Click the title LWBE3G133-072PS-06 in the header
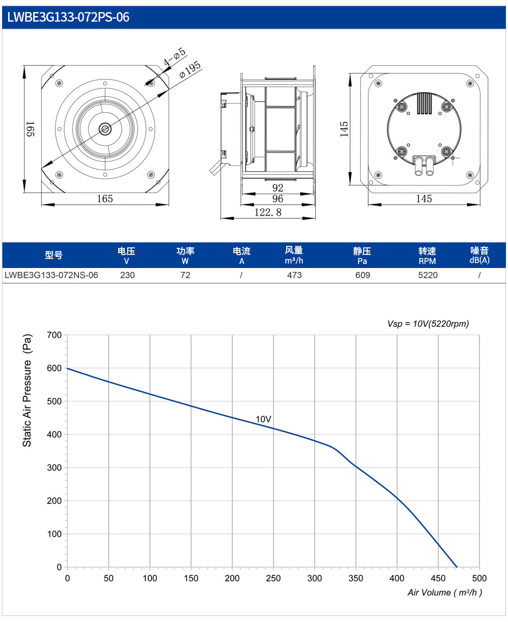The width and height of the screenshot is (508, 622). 68,17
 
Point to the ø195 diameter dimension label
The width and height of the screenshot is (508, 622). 190,69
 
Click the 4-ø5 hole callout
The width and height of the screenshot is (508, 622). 175,57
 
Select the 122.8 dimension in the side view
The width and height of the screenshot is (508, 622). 268,212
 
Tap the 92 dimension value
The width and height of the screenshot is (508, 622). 278,188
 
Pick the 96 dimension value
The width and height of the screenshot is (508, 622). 278,199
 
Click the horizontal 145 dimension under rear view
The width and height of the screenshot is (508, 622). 424,199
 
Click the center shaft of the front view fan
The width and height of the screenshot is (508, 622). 105,129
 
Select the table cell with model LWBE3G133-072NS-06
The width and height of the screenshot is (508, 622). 51,275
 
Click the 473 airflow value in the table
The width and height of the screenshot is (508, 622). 294,275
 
